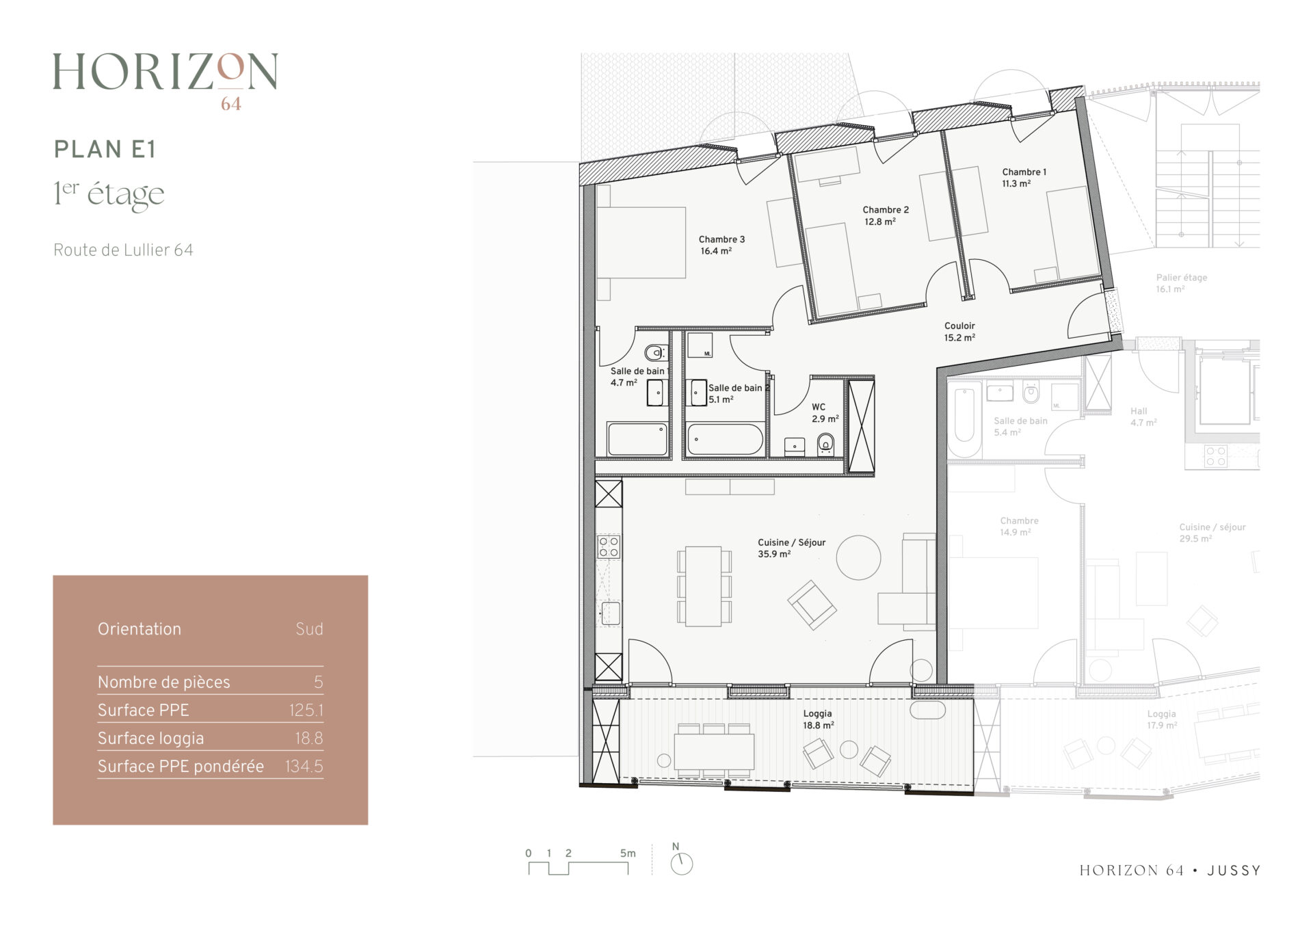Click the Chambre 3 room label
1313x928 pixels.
[721, 239]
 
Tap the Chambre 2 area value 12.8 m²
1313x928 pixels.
[879, 222]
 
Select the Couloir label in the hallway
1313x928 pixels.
[959, 326]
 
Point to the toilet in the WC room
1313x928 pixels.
[826, 444]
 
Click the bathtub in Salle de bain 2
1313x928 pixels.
[725, 439]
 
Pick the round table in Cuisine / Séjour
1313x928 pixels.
[858, 557]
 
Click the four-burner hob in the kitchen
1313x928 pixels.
[609, 547]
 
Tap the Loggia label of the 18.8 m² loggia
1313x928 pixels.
[817, 713]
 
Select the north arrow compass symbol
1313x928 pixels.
[681, 864]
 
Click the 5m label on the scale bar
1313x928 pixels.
[628, 853]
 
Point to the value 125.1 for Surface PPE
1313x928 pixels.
[306, 711]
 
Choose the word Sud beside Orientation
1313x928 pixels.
[309, 629]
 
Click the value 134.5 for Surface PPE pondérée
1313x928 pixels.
[304, 767]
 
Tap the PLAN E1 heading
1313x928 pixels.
[105, 149]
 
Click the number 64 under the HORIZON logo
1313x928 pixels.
[231, 104]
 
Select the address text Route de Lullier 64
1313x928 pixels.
[123, 250]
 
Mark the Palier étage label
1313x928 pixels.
[1182, 278]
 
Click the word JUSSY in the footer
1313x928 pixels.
[1234, 871]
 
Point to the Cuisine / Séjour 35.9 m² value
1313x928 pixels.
[774, 554]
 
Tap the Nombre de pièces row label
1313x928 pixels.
[163, 682]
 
